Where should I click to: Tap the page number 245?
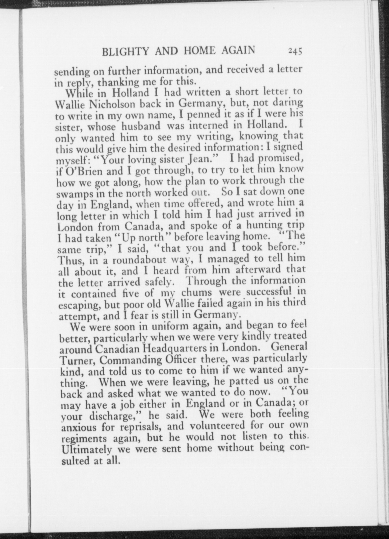(295, 51)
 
